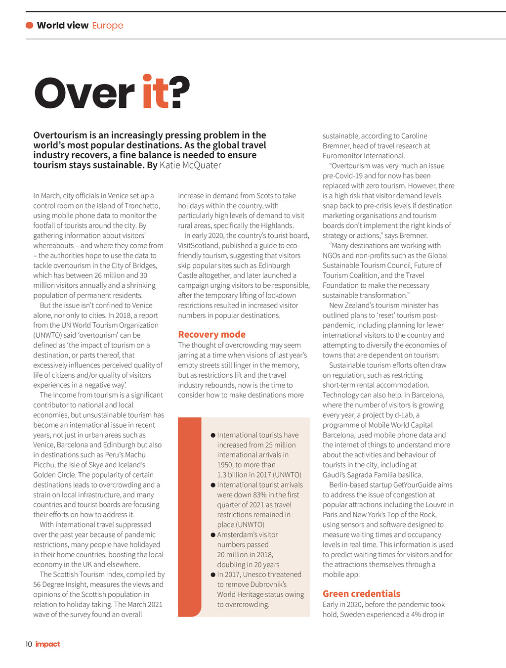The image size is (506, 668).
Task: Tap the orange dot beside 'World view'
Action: tap(30, 25)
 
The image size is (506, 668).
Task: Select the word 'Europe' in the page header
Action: tap(108, 25)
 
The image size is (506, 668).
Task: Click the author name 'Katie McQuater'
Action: tap(190, 165)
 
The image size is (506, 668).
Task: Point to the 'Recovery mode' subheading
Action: tap(211, 334)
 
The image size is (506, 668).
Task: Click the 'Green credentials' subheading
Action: tap(361, 593)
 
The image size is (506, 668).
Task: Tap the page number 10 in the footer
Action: tap(29, 644)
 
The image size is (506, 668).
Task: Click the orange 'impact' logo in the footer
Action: tap(48, 644)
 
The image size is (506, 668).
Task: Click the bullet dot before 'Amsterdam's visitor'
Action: tap(213, 535)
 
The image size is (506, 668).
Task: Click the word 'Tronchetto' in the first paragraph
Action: tap(142, 206)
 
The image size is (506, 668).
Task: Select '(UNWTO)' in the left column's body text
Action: tap(48, 335)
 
